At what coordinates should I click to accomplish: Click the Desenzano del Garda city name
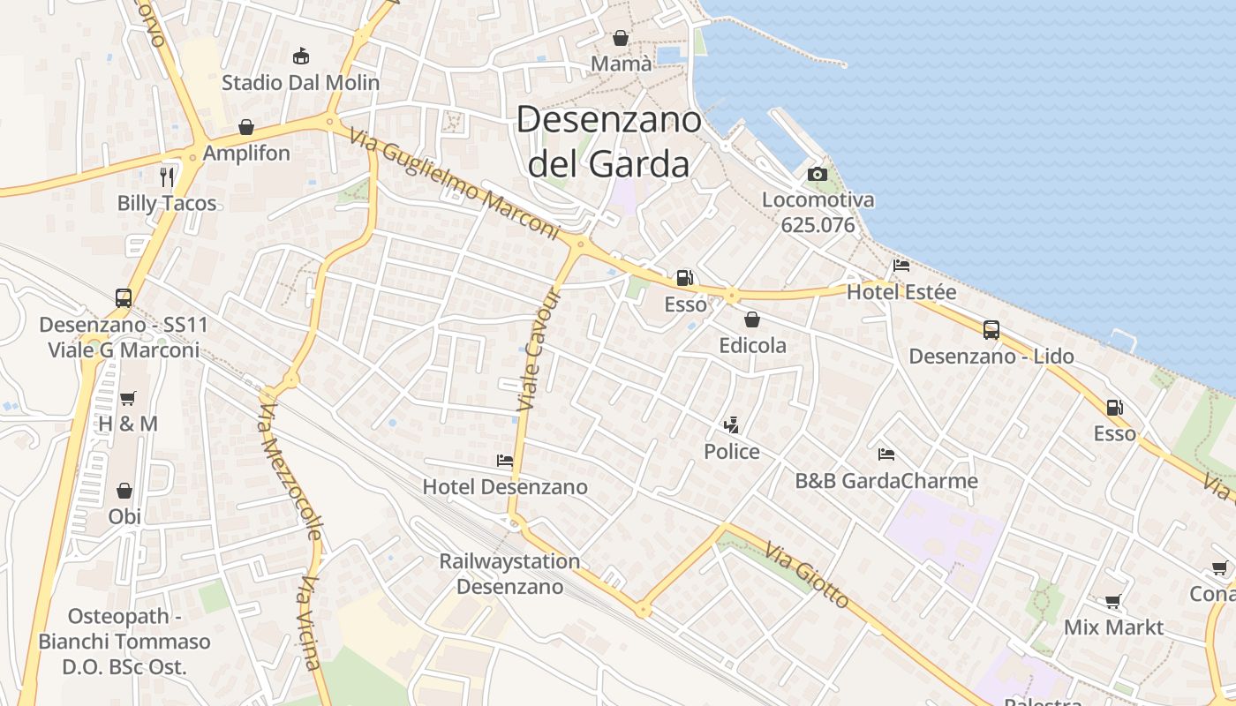pyautogui.click(x=608, y=141)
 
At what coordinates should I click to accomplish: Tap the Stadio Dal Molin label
pyautogui.click(x=300, y=83)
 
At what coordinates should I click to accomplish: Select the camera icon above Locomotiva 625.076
pyautogui.click(x=818, y=174)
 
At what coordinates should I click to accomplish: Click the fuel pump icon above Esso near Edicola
pyautogui.click(x=684, y=278)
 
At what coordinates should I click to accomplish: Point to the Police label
pyautogui.click(x=731, y=452)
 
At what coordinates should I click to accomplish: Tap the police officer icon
pyautogui.click(x=731, y=426)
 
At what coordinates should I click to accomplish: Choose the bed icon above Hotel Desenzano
pyautogui.click(x=505, y=461)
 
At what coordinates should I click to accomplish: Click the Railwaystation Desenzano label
pyautogui.click(x=509, y=574)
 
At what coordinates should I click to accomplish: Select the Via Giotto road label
pyautogui.click(x=807, y=575)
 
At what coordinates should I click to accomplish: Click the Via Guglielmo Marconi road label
pyautogui.click(x=455, y=184)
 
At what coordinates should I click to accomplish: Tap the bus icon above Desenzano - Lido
pyautogui.click(x=991, y=330)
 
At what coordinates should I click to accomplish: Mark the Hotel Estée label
pyautogui.click(x=901, y=291)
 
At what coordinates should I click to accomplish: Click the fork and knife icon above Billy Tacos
pyautogui.click(x=167, y=176)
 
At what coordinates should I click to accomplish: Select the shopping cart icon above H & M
pyautogui.click(x=128, y=398)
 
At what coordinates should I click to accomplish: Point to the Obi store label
pyautogui.click(x=124, y=516)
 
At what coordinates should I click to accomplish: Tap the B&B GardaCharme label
pyautogui.click(x=886, y=481)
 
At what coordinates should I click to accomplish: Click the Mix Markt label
pyautogui.click(x=1113, y=627)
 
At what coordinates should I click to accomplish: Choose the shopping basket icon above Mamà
pyautogui.click(x=621, y=38)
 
